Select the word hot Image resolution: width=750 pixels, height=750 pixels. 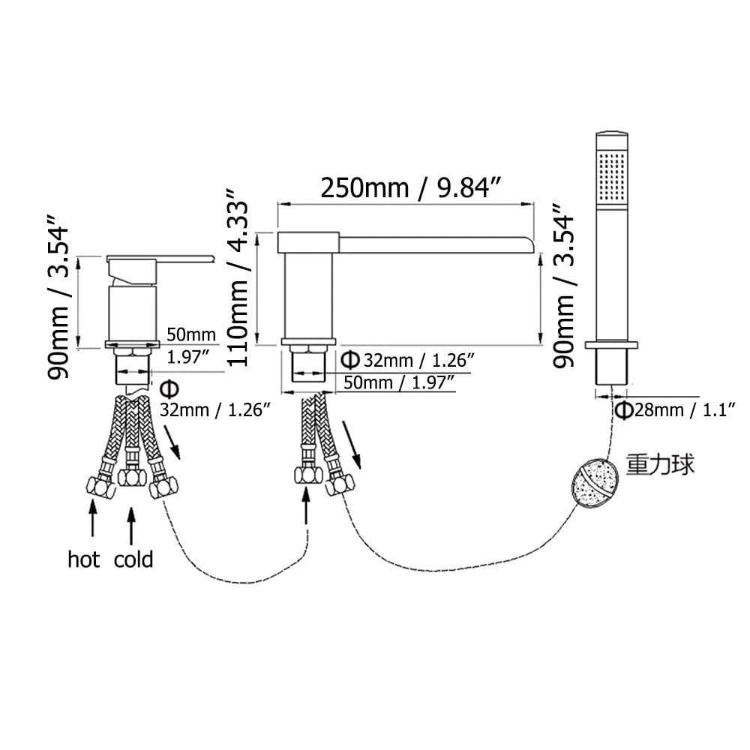pos(84,559)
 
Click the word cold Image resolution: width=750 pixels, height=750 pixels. pos(133,559)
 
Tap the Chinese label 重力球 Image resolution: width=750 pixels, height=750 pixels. pos(660,464)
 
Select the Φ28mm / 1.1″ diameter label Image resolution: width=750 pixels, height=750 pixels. pos(675,410)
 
